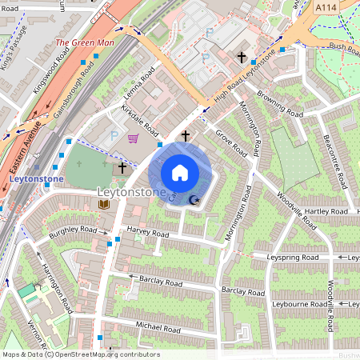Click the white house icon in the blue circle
[180, 173]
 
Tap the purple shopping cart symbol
[133, 138]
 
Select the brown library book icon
[103, 206]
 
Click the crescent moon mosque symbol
[194, 201]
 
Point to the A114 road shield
[325, 7]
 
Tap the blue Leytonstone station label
[37, 179]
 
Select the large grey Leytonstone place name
[130, 193]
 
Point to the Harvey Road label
[147, 234]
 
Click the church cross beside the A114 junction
[242, 58]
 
